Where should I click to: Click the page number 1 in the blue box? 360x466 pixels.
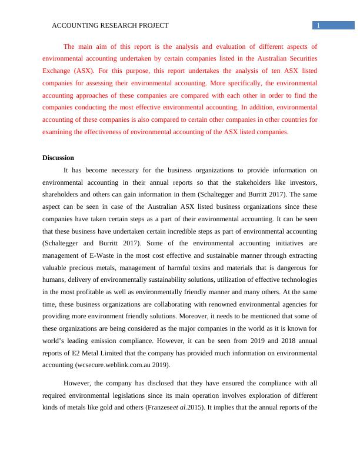click(x=318, y=25)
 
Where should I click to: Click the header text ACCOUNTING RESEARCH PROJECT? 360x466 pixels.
click(x=111, y=25)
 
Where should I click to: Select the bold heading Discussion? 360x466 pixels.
click(x=58, y=158)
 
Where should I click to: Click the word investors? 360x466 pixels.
click(x=302, y=182)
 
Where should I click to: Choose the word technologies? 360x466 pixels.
click(x=294, y=279)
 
